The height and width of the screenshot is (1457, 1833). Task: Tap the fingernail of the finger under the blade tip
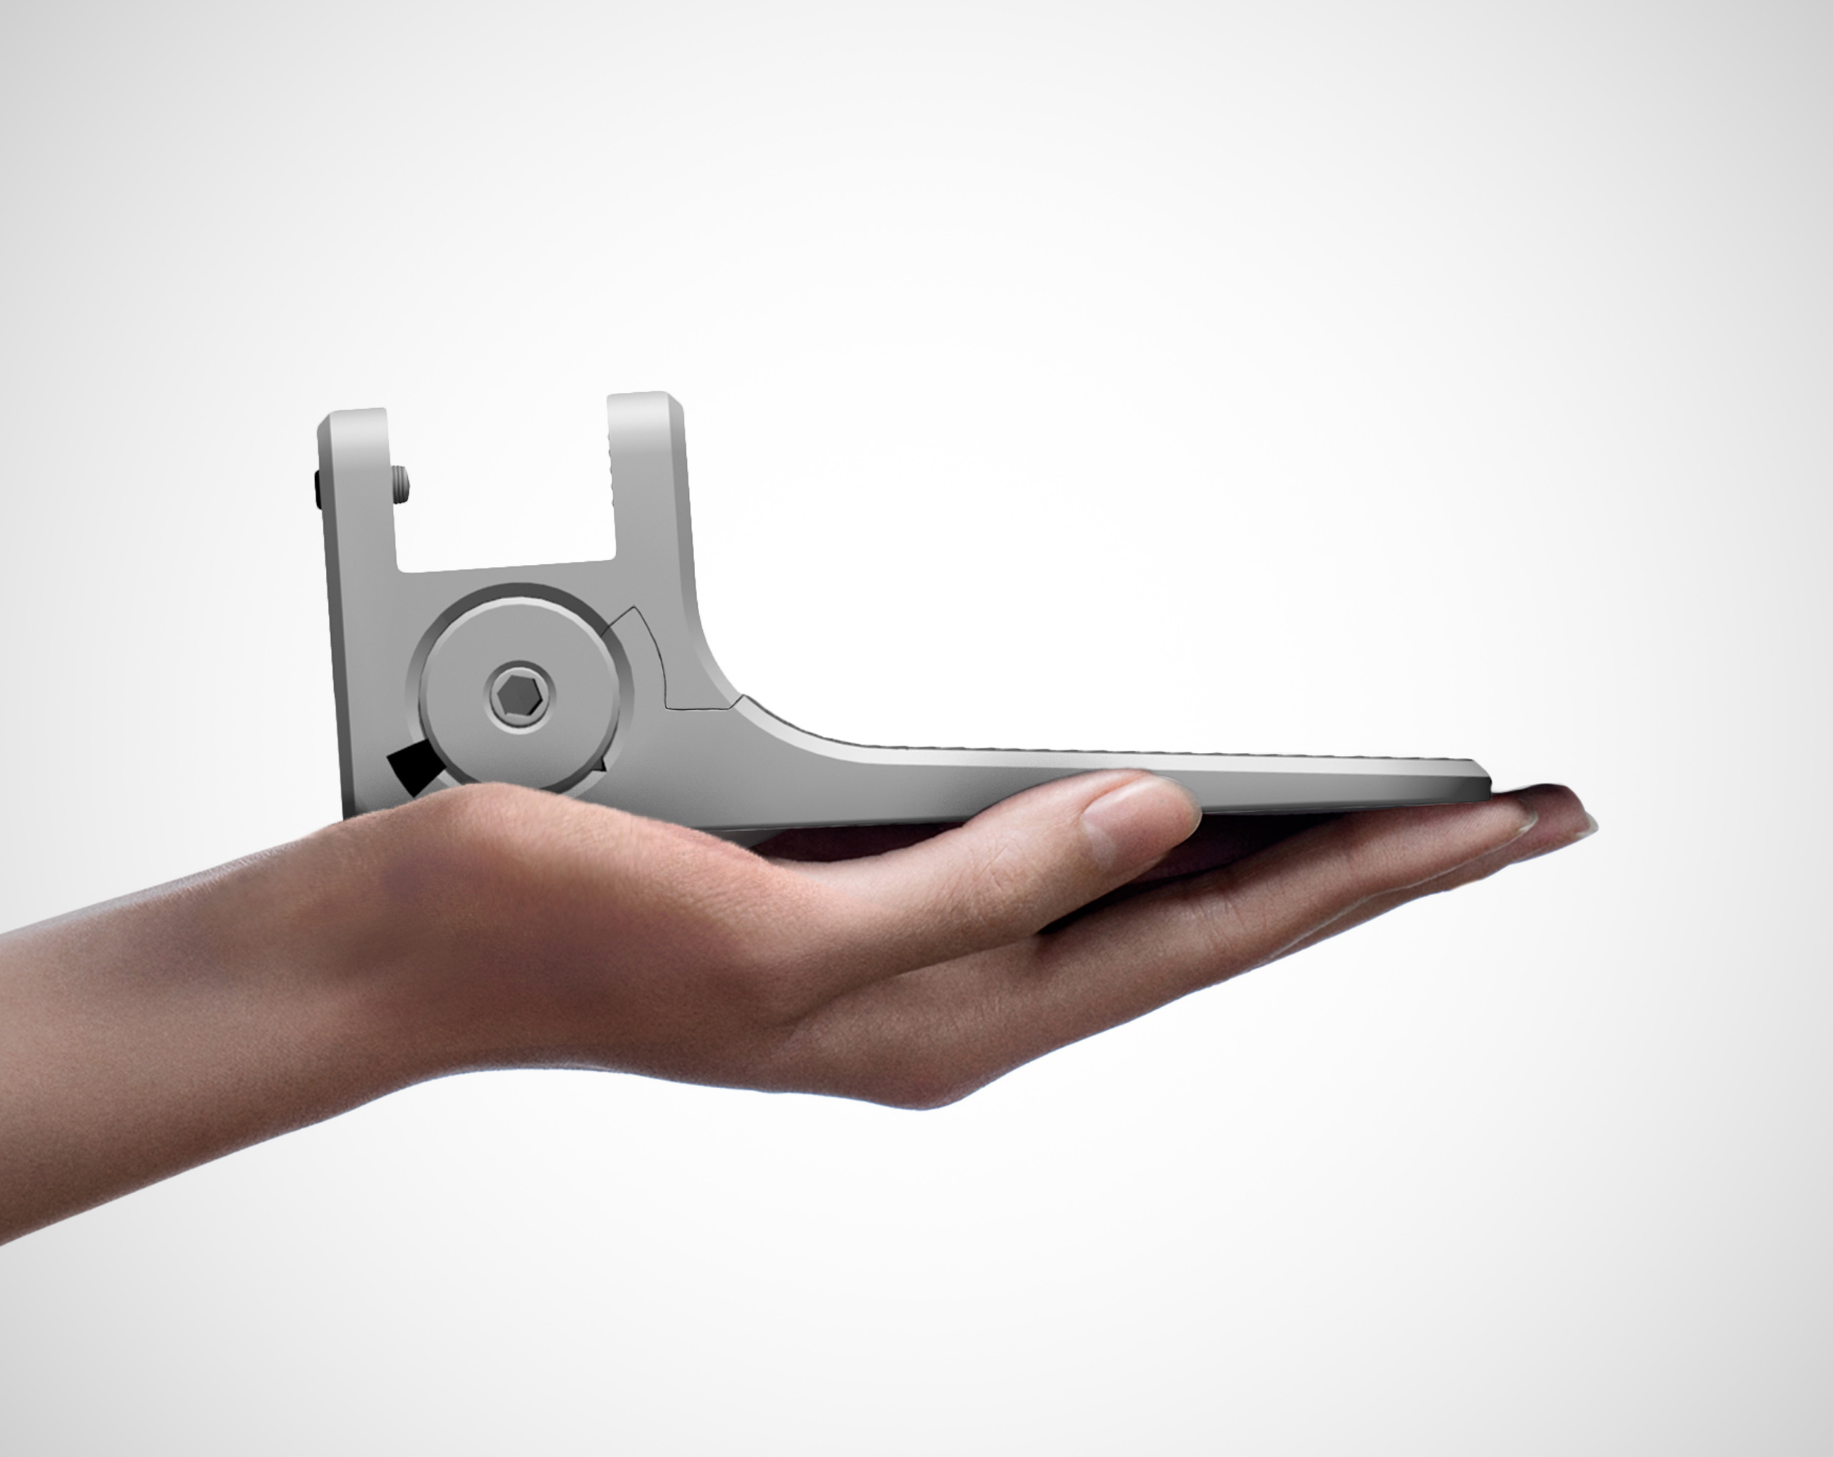point(1526,820)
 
